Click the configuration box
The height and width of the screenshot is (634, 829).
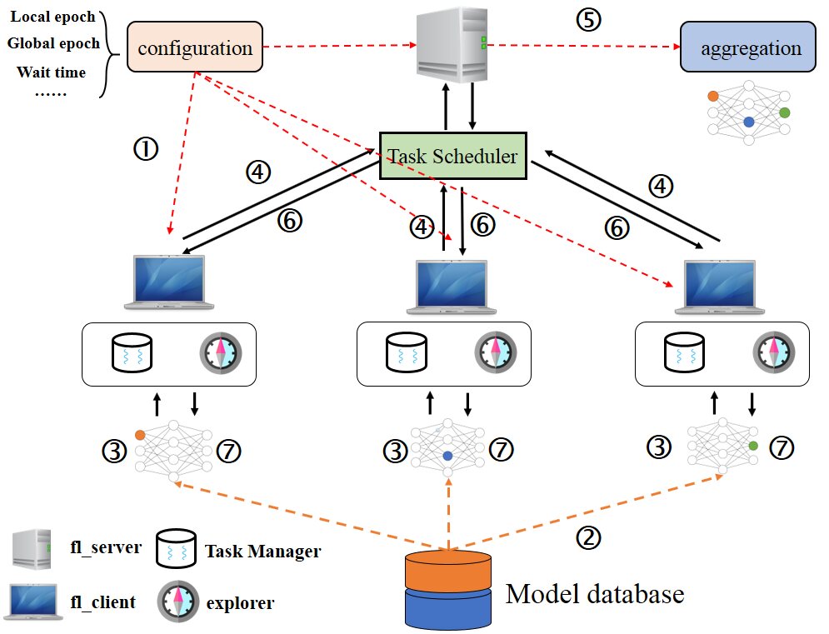click(x=195, y=47)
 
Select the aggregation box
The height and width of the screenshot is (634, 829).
click(x=748, y=47)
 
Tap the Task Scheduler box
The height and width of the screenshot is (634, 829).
click(x=453, y=156)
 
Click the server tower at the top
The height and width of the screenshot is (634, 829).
click(x=452, y=44)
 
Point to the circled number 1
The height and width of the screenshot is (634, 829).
click(x=146, y=148)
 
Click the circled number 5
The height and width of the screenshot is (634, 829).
click(x=588, y=19)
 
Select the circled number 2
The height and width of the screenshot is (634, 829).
click(x=588, y=537)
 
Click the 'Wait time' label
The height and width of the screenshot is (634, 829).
click(x=52, y=72)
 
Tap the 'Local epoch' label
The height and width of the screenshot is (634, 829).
click(x=52, y=17)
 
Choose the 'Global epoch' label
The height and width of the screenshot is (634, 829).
click(x=53, y=43)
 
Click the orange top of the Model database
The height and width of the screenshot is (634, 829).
click(x=448, y=572)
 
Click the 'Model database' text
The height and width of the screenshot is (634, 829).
click(x=595, y=594)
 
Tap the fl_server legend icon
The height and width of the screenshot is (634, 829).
click(x=32, y=549)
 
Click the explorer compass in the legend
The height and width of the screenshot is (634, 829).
click(x=177, y=602)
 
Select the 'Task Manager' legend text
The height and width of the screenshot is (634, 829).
click(x=262, y=551)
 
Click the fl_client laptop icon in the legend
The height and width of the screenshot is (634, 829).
click(x=33, y=602)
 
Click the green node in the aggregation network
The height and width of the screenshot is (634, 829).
click(x=785, y=112)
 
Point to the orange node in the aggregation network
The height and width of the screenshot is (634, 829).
click(x=713, y=97)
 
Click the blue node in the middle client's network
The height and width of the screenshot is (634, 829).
click(x=447, y=456)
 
